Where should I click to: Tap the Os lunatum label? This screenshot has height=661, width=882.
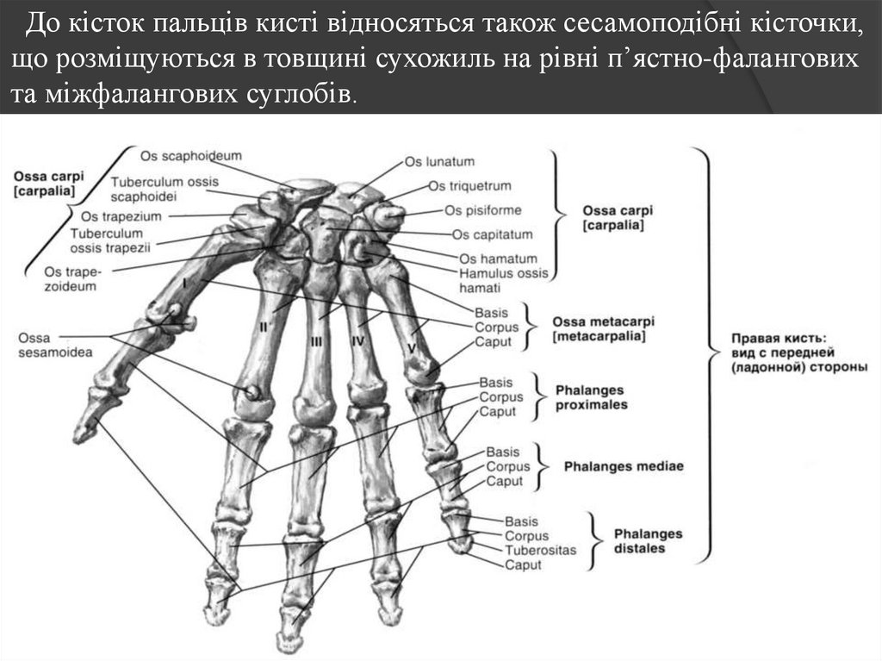(439, 161)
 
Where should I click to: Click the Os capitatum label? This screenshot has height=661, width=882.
(492, 234)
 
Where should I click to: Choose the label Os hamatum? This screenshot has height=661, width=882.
(498, 259)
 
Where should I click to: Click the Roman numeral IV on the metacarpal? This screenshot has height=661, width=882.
(357, 341)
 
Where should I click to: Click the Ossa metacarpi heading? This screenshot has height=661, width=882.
(600, 321)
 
